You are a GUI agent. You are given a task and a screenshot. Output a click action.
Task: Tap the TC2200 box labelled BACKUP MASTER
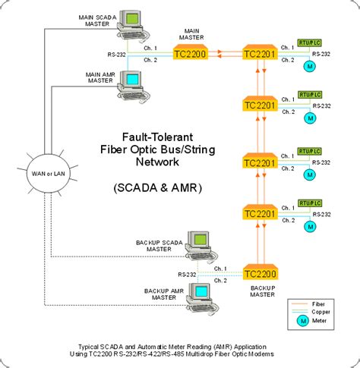pos(262,274)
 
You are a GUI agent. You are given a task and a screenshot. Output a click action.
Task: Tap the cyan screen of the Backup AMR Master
pos(201,291)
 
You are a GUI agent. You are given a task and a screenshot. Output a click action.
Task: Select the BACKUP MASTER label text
pos(262,292)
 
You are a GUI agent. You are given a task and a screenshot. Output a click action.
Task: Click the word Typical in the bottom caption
pos(84,344)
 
